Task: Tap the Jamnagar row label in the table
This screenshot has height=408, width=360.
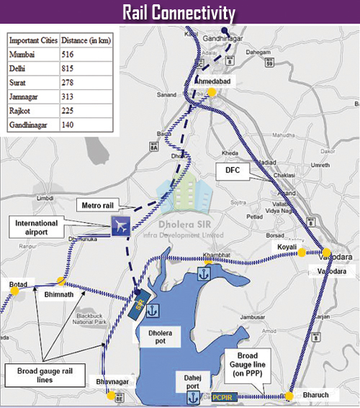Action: pyautogui.click(x=27, y=97)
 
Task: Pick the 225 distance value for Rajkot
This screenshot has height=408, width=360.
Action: pyautogui.click(x=70, y=111)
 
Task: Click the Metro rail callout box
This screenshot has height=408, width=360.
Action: pyautogui.click(x=99, y=207)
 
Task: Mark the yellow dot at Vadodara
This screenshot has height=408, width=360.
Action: pyautogui.click(x=325, y=253)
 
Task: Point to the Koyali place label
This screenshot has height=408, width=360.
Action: pyautogui.click(x=282, y=248)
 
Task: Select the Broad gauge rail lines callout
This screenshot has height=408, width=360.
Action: pyautogui.click(x=45, y=375)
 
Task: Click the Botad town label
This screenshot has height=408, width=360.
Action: pyautogui.click(x=17, y=285)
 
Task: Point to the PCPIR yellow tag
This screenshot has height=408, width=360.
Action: pyautogui.click(x=222, y=396)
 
